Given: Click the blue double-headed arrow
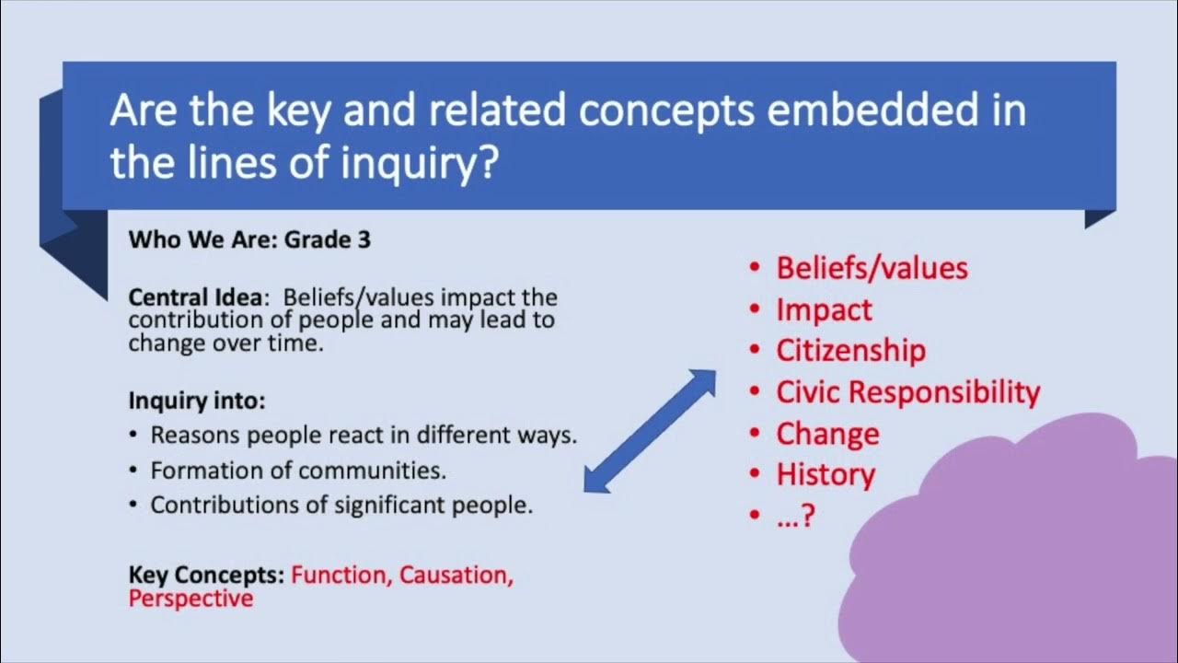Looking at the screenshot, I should (651, 431).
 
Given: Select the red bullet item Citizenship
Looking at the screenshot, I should (850, 351).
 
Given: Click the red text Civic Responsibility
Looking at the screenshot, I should (907, 392).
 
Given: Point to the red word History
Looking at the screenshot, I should (826, 475).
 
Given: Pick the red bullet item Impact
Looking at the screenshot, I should (824, 310).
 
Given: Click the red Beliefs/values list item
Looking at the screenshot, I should (872, 268).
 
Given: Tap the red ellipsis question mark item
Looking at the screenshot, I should (796, 516).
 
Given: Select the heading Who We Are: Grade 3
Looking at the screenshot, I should (249, 240).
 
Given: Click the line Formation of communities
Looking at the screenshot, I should (298, 471).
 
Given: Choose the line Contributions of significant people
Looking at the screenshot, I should (341, 506).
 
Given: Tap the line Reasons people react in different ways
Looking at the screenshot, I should (364, 435).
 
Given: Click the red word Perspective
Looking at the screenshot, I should (191, 599).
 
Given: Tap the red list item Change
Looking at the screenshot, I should (827, 434).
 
